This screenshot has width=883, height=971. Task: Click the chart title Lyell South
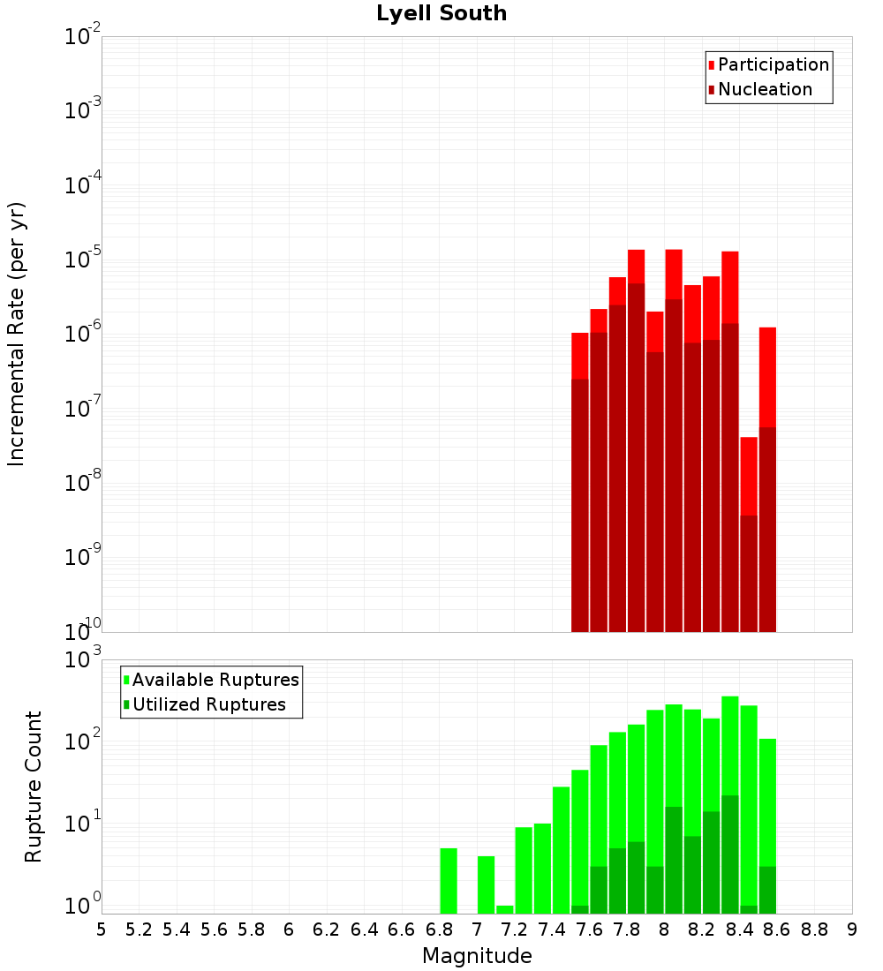pos(441,14)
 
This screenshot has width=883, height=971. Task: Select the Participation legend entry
pos(774,64)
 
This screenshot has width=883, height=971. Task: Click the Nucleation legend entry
pos(765,89)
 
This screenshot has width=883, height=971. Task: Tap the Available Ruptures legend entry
pos(215,680)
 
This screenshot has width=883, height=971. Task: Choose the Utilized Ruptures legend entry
pos(208,704)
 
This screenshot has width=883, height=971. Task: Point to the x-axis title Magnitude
pos(477,956)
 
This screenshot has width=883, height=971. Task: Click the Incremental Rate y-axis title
pos(17,334)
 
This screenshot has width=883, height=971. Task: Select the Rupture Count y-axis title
pos(34,787)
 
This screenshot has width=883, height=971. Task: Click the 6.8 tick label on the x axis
pos(439,930)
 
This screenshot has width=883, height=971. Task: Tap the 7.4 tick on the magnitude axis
pos(552,930)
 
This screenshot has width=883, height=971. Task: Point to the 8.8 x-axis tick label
pos(814,930)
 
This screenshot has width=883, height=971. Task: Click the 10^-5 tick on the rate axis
pos(83,260)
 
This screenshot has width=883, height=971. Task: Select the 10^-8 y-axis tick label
pos(83,483)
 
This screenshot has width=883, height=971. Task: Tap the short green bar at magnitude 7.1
pos(505,909)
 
